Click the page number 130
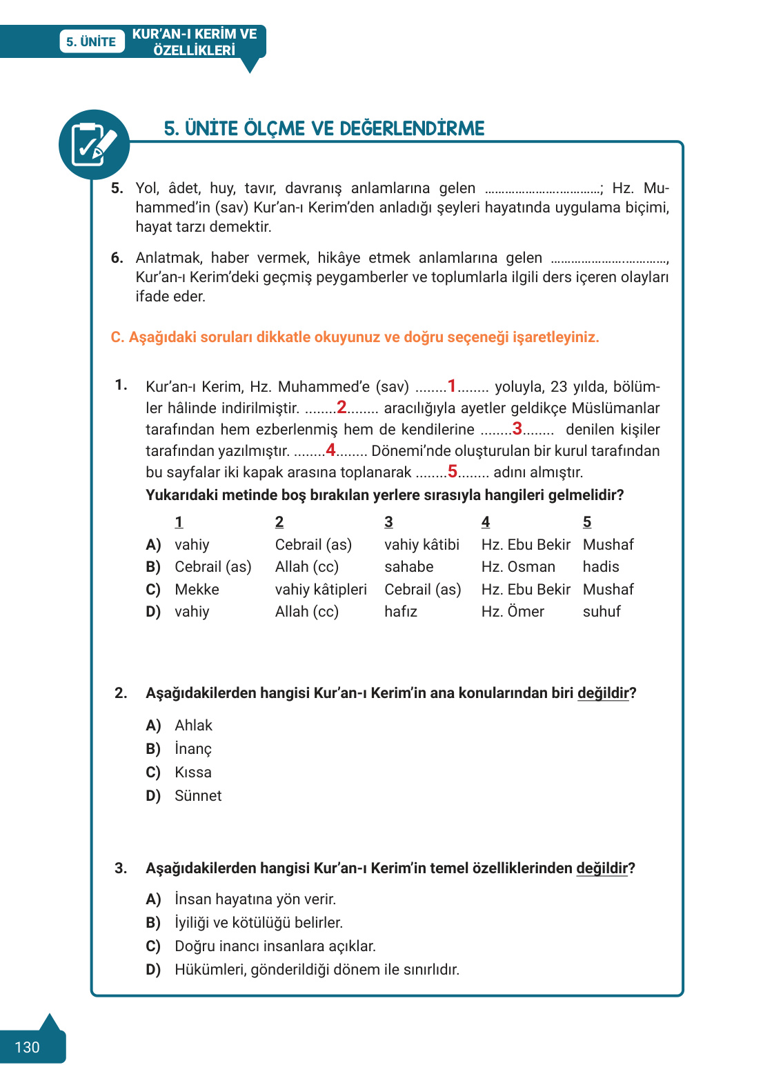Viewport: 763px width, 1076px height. (27, 1047)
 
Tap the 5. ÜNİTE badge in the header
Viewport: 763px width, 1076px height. (91, 41)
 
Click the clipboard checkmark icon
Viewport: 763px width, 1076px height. (94, 144)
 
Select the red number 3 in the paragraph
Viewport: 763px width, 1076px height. (517, 428)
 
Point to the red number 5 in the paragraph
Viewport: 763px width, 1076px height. (453, 471)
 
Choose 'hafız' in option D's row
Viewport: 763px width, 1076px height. (401, 612)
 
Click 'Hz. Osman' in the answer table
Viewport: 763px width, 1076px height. (518, 567)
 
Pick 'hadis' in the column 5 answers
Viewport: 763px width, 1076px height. (601, 567)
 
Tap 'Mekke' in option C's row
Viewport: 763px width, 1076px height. (197, 590)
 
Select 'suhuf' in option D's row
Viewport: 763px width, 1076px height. (602, 612)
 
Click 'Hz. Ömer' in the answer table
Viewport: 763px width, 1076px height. (513, 612)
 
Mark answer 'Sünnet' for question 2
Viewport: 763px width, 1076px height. (198, 796)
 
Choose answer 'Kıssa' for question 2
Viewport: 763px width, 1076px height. (193, 773)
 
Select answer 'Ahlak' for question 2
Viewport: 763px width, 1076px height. (193, 726)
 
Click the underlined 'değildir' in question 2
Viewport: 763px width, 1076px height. (603, 693)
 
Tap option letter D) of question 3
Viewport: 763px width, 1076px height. (153, 970)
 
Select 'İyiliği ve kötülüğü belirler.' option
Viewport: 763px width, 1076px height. (259, 923)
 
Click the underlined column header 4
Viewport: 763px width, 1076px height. (486, 522)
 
